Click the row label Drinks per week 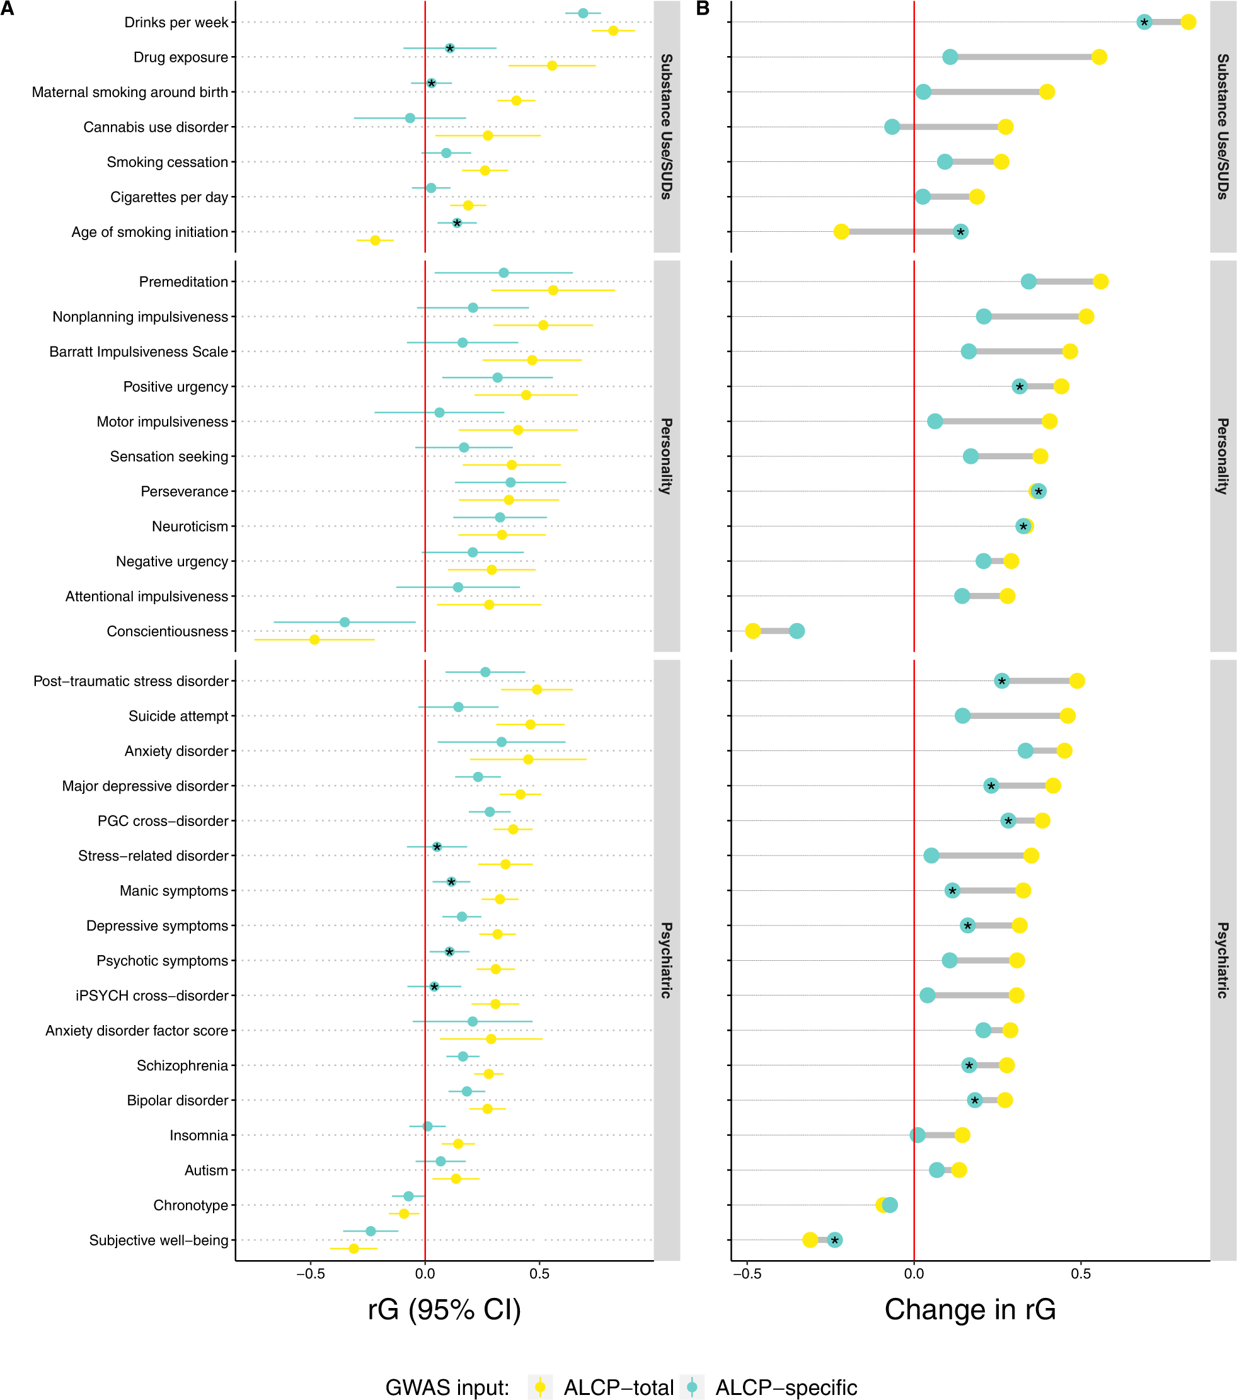(176, 23)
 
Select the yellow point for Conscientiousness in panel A (314, 640)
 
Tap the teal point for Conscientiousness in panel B (797, 631)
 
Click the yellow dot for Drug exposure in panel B (1098, 57)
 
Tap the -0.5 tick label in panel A (310, 1273)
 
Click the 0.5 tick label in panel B (1081, 1273)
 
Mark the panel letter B (703, 9)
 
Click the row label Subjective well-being (159, 1241)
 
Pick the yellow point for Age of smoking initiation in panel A (376, 241)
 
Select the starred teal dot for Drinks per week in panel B (1144, 23)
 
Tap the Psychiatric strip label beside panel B (1223, 960)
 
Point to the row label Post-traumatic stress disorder (131, 681)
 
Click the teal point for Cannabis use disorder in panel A (410, 118)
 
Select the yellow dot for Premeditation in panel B (1101, 282)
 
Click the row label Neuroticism (190, 526)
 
